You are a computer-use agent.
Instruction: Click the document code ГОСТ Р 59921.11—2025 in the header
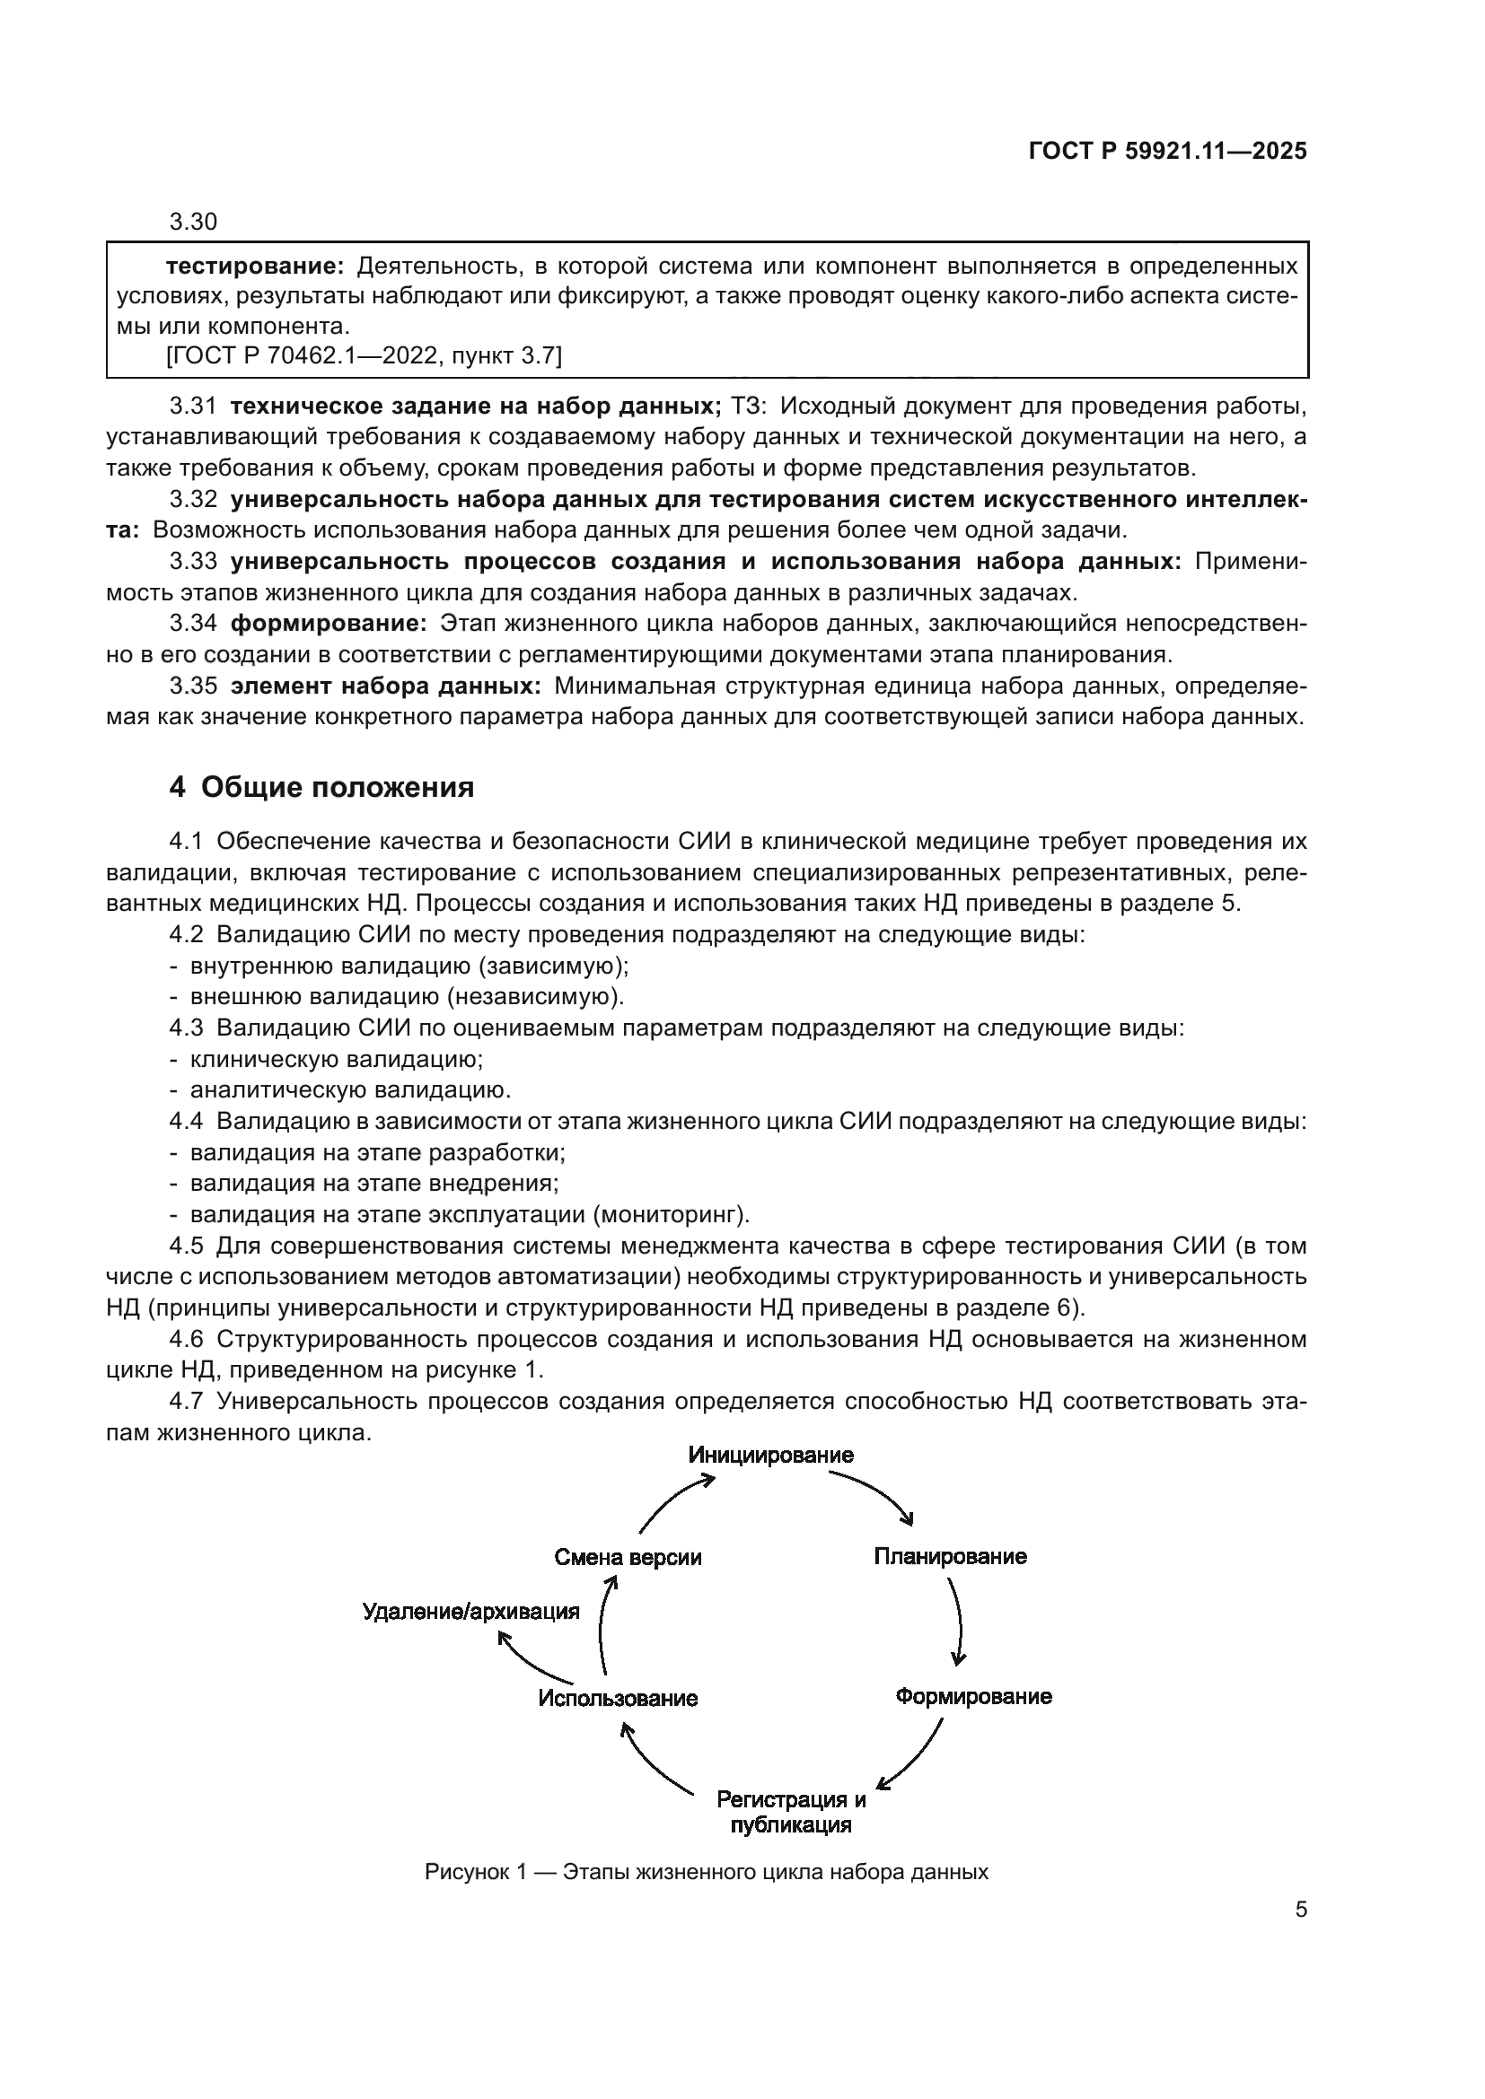(x=1168, y=152)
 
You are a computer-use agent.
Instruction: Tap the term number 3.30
(x=193, y=223)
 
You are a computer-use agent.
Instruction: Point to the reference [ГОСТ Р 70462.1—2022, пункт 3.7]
(x=364, y=355)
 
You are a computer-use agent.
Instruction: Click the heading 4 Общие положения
(x=322, y=788)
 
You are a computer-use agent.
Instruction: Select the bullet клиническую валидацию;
(x=336, y=1060)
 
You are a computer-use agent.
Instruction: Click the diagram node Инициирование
(x=771, y=1455)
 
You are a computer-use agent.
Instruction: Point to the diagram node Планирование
(x=950, y=1556)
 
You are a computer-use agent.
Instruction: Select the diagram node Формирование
(x=973, y=1697)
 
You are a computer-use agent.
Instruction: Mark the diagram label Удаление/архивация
(x=471, y=1612)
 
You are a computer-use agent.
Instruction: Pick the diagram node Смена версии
(x=628, y=1558)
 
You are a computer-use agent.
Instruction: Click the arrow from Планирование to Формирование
(x=959, y=1625)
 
